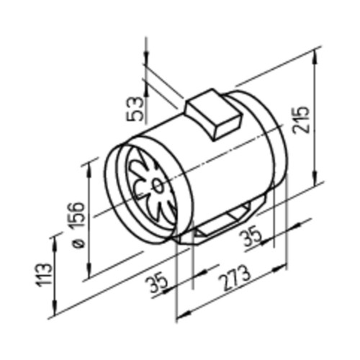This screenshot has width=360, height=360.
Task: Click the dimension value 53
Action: pos(135,109)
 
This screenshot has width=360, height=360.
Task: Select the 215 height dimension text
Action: pos(301,120)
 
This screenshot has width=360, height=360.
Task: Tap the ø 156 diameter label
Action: pos(78,225)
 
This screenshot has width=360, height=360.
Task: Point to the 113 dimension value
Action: pos(44,275)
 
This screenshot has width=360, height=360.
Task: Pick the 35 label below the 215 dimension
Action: pos(251,237)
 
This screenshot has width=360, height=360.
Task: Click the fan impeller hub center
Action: pos(157,185)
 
